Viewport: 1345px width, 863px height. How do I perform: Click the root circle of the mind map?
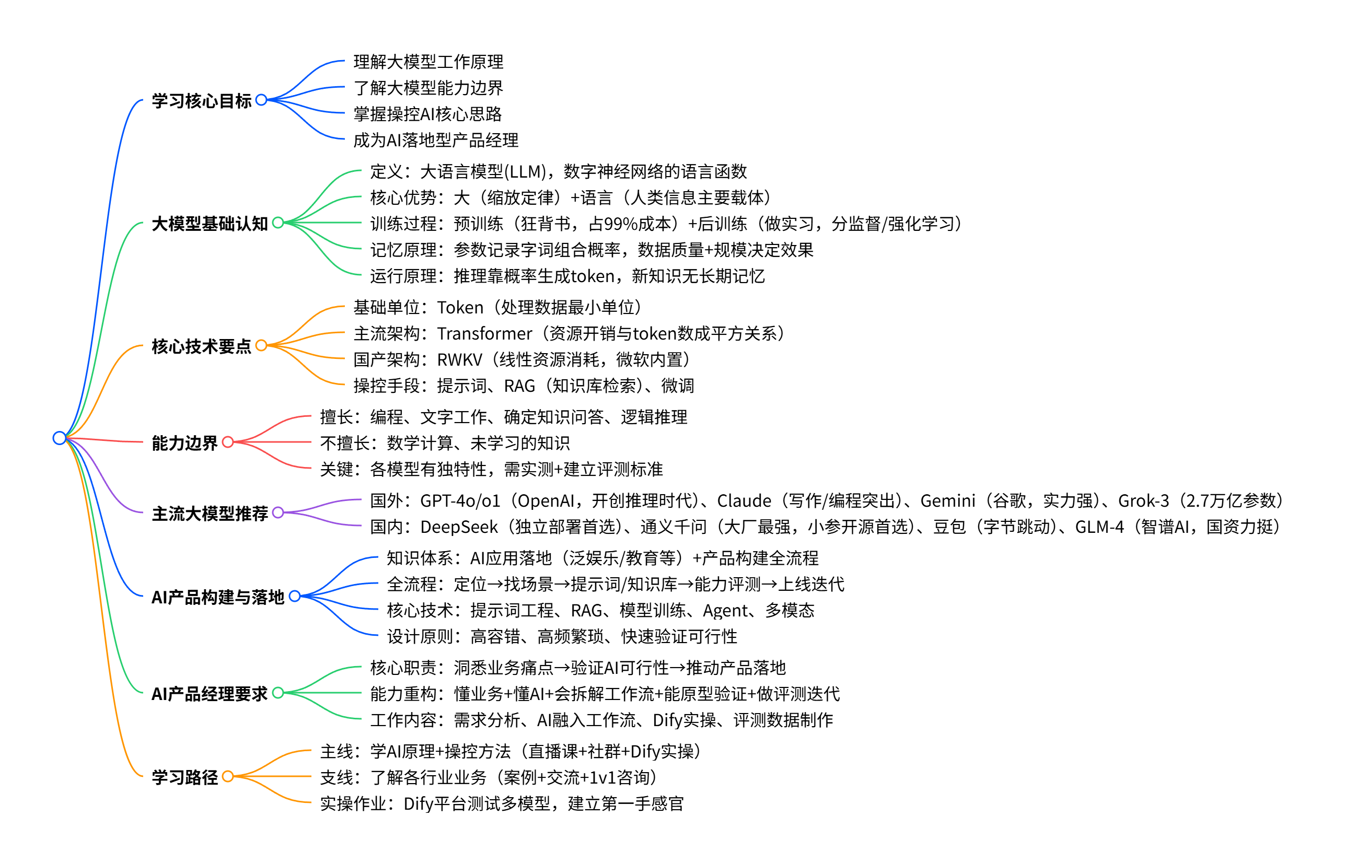pos(60,438)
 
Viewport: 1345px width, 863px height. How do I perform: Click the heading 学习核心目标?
pos(202,101)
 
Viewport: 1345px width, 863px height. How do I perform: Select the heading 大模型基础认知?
pos(210,224)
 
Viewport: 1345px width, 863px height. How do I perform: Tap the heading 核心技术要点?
pos(202,346)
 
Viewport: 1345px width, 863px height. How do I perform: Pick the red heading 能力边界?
pos(184,442)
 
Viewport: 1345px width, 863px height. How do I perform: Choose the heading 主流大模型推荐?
pos(210,514)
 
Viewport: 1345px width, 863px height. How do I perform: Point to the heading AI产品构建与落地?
pos(218,597)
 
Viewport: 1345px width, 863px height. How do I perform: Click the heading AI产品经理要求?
pos(210,694)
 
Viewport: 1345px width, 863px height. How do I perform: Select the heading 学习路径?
pos(184,777)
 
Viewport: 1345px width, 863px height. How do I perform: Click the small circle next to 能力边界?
pos(227,442)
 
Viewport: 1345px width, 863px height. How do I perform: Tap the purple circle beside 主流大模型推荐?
pos(278,512)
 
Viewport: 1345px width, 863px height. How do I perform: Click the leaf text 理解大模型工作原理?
pos(428,62)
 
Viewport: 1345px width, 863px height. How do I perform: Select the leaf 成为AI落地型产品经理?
pos(435,140)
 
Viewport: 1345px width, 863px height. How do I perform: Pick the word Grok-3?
pos(1143,501)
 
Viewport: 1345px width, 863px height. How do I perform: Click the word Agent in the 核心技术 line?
pos(725,611)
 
